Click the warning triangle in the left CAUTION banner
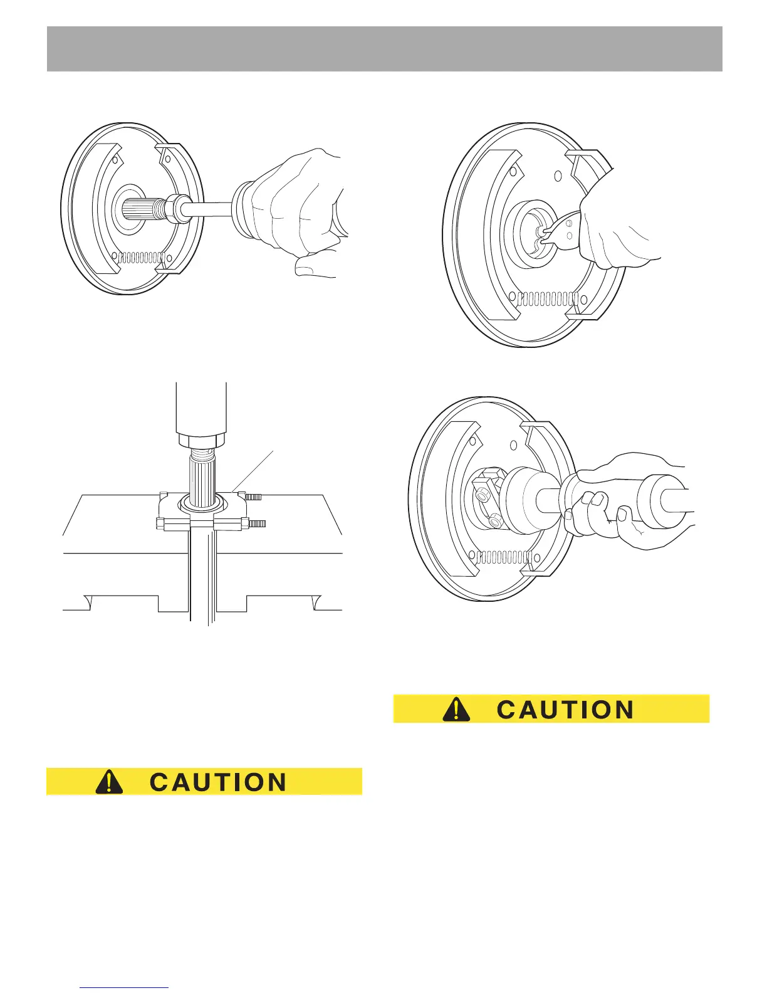[x=109, y=782]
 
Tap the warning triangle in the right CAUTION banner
[x=456, y=709]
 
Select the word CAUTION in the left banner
[x=218, y=782]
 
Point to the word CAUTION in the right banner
[x=565, y=710]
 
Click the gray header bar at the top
[x=384, y=49]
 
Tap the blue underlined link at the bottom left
[x=125, y=989]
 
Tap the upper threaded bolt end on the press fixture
[x=253, y=497]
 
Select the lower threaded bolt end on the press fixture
[x=258, y=523]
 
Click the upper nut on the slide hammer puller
[x=483, y=495]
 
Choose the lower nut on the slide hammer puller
[x=496, y=520]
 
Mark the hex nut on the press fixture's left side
[x=160, y=522]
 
